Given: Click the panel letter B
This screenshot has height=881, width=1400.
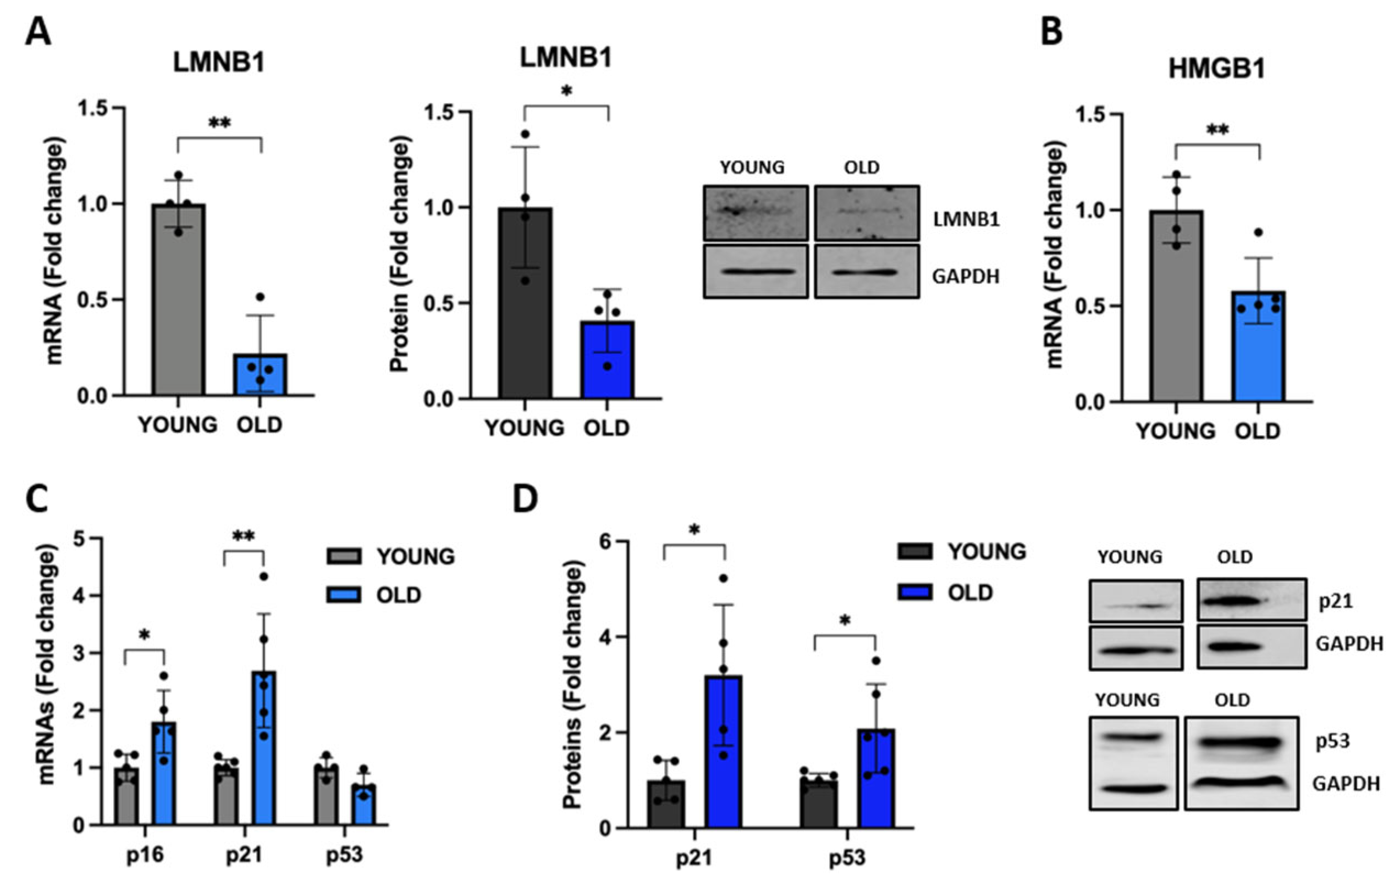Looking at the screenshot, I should (1051, 32).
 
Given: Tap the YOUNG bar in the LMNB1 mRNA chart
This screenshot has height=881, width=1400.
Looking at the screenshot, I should (179, 300).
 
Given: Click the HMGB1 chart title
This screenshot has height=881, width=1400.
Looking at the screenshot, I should (1216, 69).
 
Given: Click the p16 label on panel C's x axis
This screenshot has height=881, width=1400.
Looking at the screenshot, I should (145, 855).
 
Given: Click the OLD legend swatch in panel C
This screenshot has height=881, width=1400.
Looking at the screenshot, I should (343, 595).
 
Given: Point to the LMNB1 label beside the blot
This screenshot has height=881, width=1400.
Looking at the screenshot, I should (966, 219).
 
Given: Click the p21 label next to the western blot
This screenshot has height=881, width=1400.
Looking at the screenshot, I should (1335, 601).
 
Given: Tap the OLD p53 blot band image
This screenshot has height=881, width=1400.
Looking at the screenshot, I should (1241, 743).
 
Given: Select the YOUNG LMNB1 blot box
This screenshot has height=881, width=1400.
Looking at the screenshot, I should (755, 213).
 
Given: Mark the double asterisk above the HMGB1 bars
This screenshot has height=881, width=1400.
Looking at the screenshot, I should (1217, 130).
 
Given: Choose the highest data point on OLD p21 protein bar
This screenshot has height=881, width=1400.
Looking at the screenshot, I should (723, 578).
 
